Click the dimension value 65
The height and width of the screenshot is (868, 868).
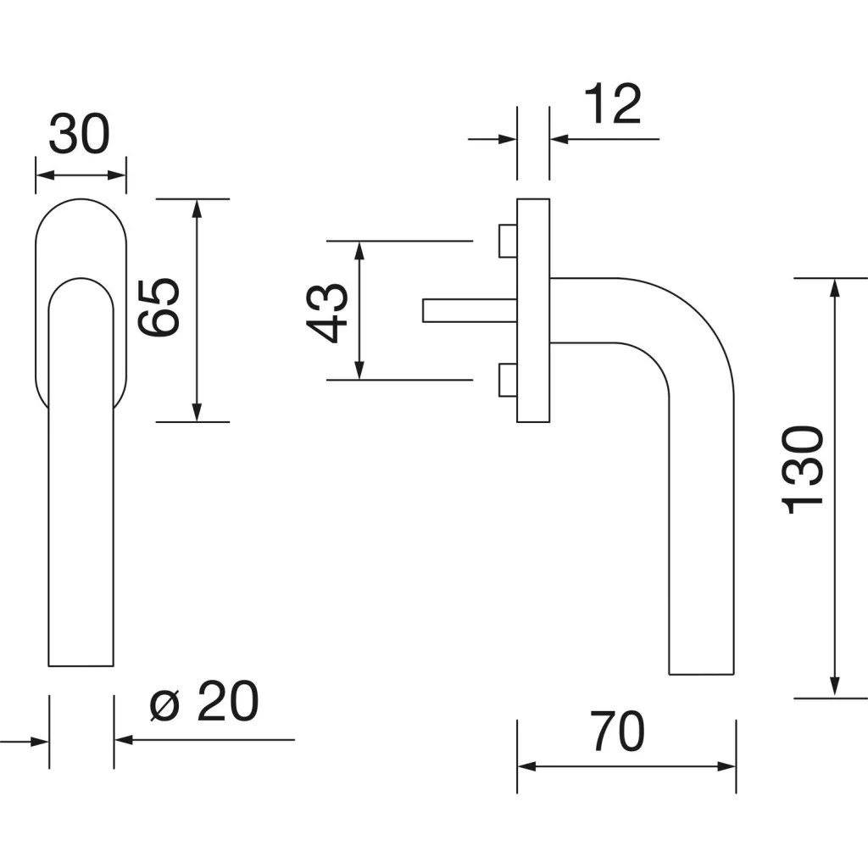159,308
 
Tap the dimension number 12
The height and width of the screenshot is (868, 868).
612,105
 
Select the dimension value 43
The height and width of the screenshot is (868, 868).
325,311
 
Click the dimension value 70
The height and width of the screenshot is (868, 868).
617,732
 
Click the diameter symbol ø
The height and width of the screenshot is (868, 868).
165,705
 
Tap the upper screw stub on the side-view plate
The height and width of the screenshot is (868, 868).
507,240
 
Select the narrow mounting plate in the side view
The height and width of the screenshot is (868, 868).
532,310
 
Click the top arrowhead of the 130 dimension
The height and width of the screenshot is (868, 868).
836,287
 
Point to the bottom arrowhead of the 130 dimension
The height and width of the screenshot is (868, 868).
836,688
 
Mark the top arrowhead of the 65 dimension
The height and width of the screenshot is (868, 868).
197,209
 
